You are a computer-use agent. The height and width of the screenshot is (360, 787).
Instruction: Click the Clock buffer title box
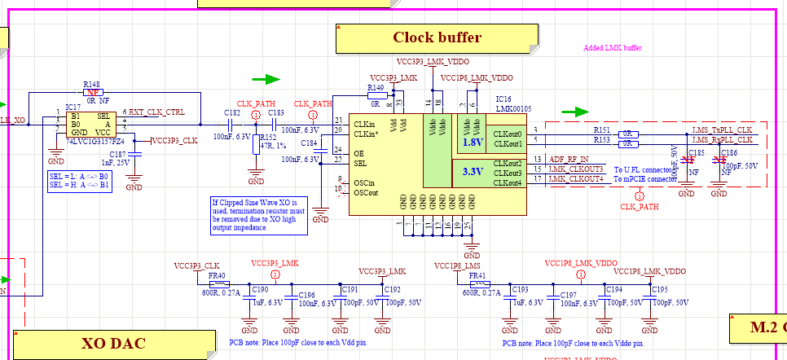[x=437, y=37]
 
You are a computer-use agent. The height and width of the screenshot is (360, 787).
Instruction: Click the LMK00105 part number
[x=513, y=108]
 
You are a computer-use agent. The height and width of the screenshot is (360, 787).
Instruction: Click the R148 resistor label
[x=92, y=84]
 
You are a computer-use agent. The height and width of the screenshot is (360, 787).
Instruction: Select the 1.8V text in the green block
[x=473, y=142]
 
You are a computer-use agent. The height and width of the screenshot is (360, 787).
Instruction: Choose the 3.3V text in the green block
[x=473, y=171]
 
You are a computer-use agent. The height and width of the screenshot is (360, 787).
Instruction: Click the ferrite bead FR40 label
[x=217, y=276]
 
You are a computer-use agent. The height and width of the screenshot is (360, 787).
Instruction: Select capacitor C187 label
[x=119, y=154]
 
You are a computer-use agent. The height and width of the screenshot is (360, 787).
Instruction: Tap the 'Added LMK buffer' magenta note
[x=613, y=48]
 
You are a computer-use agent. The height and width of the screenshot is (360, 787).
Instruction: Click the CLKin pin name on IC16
[x=364, y=125]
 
